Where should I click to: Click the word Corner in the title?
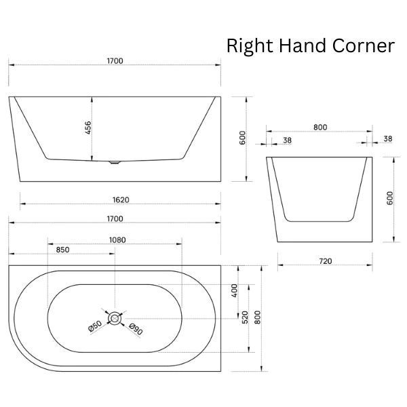364,45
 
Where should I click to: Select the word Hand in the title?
303,45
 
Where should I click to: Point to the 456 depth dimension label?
88,128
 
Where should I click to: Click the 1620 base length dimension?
121,200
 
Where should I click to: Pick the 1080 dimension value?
117,240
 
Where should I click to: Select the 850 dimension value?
63,250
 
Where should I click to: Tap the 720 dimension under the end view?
326,261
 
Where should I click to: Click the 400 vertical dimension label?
235,290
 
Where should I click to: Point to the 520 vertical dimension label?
245,317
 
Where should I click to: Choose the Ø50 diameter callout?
95,326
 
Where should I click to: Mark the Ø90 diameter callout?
136,329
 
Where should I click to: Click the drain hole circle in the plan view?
115,318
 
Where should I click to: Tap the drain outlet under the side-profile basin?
115,163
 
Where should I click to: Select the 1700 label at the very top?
115,61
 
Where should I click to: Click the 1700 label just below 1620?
115,219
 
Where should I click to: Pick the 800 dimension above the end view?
320,128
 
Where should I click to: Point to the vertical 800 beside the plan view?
257,317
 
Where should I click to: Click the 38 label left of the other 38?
288,140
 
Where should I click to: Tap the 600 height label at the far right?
390,198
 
